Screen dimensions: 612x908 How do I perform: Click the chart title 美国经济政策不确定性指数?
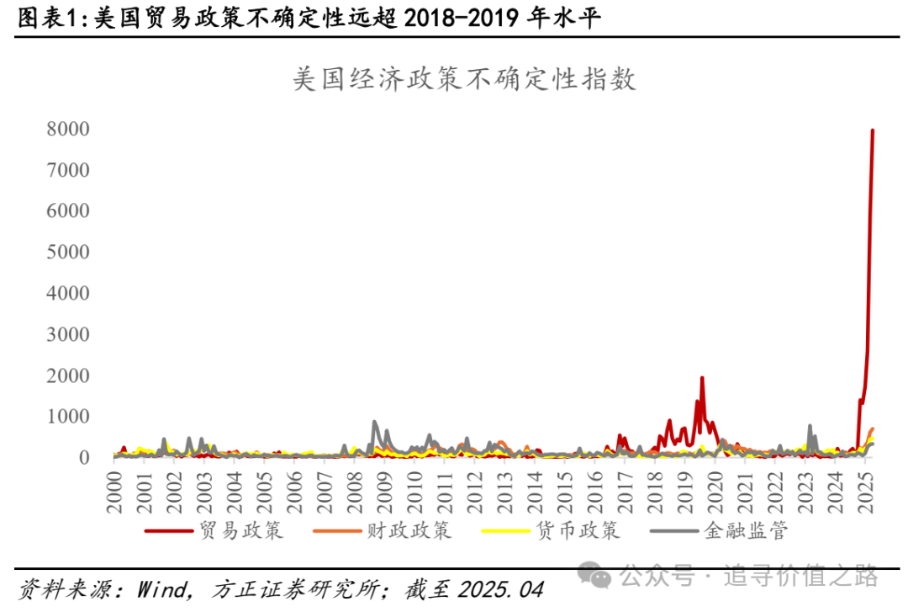point(464,79)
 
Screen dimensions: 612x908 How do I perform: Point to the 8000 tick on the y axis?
point(69,129)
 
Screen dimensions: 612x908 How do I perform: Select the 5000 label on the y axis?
point(69,252)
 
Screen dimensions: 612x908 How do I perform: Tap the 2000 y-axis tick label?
point(69,375)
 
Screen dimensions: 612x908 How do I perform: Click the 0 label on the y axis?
point(85,457)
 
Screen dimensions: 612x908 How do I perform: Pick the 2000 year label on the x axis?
point(115,487)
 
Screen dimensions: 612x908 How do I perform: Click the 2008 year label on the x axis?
point(354,487)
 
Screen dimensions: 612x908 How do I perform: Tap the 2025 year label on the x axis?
point(863,487)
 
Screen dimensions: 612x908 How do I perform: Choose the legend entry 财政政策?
point(409,531)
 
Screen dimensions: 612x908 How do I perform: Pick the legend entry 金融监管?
point(746,531)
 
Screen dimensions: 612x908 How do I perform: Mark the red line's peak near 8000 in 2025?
point(873,130)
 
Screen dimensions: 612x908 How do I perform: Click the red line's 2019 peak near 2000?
point(702,378)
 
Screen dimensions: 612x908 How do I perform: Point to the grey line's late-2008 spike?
point(375,422)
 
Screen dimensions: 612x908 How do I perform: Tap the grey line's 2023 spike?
point(810,426)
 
